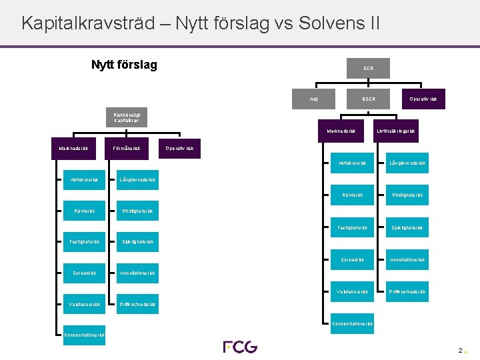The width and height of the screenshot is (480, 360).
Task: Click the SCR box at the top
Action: point(369,68)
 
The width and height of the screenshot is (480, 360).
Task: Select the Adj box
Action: point(314,99)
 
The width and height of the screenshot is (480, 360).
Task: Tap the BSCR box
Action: point(369,99)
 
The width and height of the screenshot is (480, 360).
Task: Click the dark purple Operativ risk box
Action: point(423,99)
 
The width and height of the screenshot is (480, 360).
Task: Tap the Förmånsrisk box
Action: point(127,148)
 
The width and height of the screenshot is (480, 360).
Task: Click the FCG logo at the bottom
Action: point(239,347)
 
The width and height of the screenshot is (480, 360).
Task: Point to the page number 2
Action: point(460,350)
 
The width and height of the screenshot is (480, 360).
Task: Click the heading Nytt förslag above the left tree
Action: point(124,65)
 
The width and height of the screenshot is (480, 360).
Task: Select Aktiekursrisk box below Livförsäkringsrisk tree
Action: point(352,163)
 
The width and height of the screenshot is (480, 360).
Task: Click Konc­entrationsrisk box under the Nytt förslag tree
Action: point(84,335)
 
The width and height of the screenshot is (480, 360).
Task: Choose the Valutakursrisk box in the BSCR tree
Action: point(352,291)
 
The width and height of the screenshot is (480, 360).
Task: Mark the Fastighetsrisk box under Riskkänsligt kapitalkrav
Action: point(84,241)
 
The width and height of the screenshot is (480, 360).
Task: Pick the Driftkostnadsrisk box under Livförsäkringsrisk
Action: point(407,291)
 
